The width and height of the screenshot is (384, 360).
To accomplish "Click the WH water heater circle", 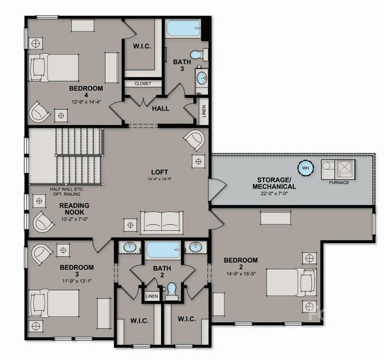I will pyautogui.click(x=305, y=168).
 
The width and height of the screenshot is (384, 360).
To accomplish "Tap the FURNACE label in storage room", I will pyautogui.click(x=339, y=182).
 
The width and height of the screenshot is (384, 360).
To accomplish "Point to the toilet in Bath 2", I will pyautogui.click(x=172, y=291).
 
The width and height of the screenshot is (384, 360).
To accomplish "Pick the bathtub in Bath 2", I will pyautogui.click(x=162, y=250).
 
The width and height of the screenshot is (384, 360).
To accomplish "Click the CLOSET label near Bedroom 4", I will pyautogui.click(x=143, y=83).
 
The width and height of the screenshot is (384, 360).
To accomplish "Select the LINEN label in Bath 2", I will pyautogui.click(x=151, y=296).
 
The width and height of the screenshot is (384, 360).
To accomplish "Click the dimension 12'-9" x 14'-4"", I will pyautogui.click(x=87, y=101).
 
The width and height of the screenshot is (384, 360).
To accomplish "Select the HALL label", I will pyautogui.click(x=161, y=109).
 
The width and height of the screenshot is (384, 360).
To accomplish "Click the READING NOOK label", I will pyautogui.click(x=74, y=209).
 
